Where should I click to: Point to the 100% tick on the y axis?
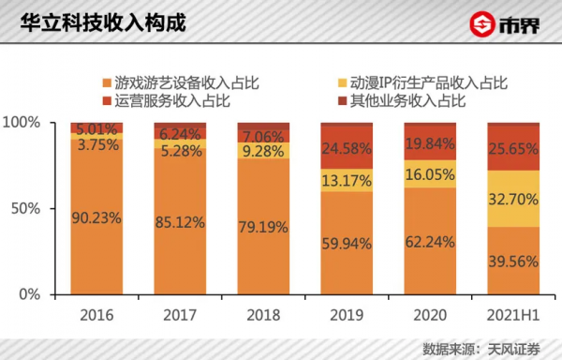click(22, 123)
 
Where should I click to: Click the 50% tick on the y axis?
click(25, 208)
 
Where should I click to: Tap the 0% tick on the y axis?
click(29, 293)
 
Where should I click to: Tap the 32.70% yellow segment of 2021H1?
click(512, 199)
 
